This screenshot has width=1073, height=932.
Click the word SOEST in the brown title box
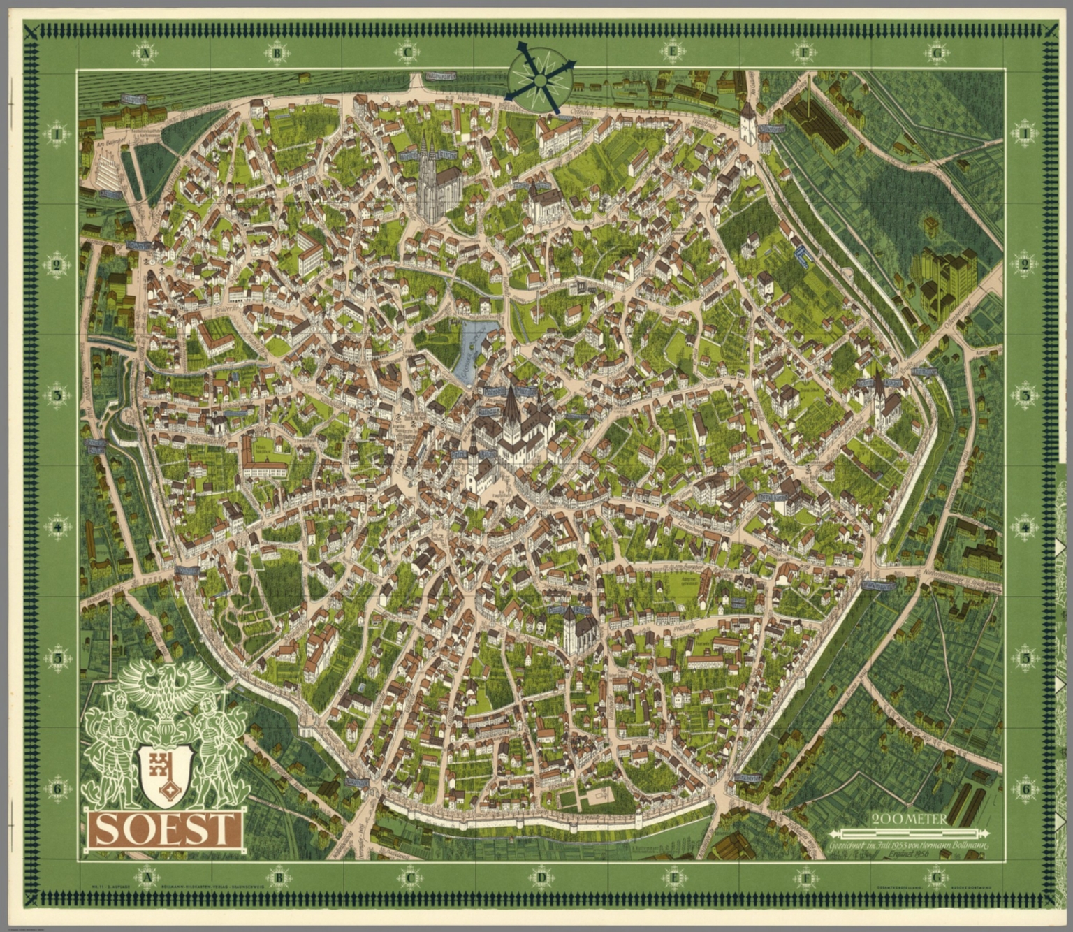point(165,829)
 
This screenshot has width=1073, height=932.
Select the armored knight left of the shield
point(112,741)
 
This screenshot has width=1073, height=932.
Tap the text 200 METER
point(910,819)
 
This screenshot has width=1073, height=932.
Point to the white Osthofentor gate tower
point(747,122)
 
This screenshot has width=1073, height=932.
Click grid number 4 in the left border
point(57,527)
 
